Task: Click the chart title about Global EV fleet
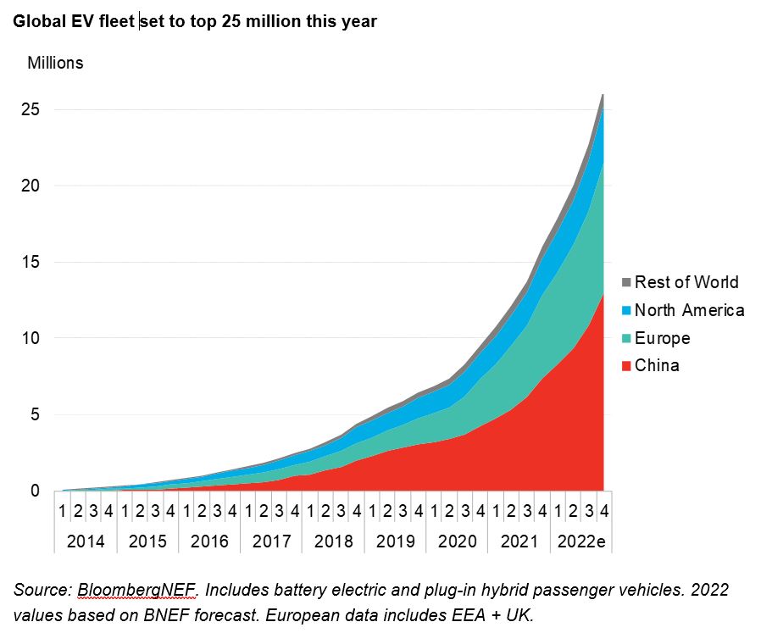[x=195, y=22]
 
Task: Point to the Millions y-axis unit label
[x=56, y=63]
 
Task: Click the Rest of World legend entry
[x=686, y=282]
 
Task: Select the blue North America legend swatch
[x=626, y=310]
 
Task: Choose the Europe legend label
[x=662, y=338]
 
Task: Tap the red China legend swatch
[x=626, y=366]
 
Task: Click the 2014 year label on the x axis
[x=86, y=541]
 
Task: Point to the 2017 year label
[x=271, y=541]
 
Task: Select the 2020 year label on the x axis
[x=457, y=541]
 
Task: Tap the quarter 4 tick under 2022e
[x=603, y=513]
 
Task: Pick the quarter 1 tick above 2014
[x=63, y=513]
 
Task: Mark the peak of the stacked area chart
[x=603, y=95]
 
